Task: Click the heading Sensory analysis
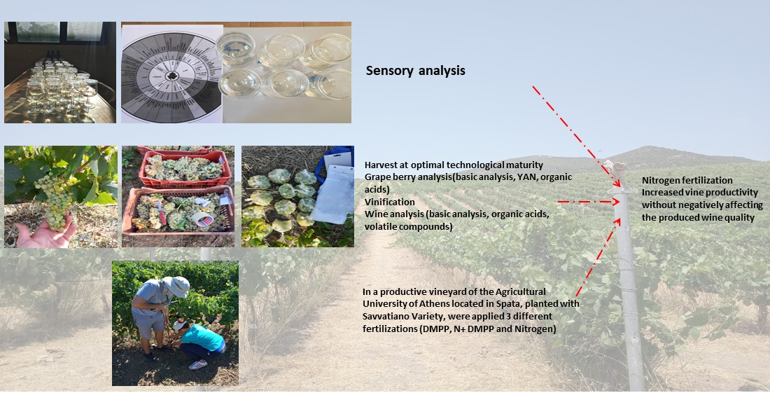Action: (x=415, y=71)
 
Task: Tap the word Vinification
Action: (x=390, y=202)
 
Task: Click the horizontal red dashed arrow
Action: (x=588, y=202)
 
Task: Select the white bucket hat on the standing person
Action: (x=176, y=286)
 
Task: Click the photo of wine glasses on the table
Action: (x=60, y=72)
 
